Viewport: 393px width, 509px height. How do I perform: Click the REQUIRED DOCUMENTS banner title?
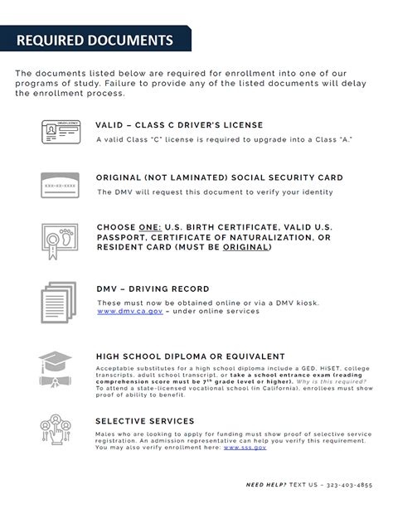95,40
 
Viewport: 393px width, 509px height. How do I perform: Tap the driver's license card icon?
60,133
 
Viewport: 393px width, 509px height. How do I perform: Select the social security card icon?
60,185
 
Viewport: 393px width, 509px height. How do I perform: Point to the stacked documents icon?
59,298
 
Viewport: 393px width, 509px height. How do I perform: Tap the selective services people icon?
60,430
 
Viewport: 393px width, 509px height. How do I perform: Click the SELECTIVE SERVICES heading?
144,421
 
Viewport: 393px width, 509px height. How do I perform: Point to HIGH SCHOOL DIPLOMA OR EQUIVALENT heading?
190,356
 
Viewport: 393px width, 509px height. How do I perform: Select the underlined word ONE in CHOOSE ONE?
151,226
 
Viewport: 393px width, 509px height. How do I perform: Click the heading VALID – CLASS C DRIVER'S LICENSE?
179,125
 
